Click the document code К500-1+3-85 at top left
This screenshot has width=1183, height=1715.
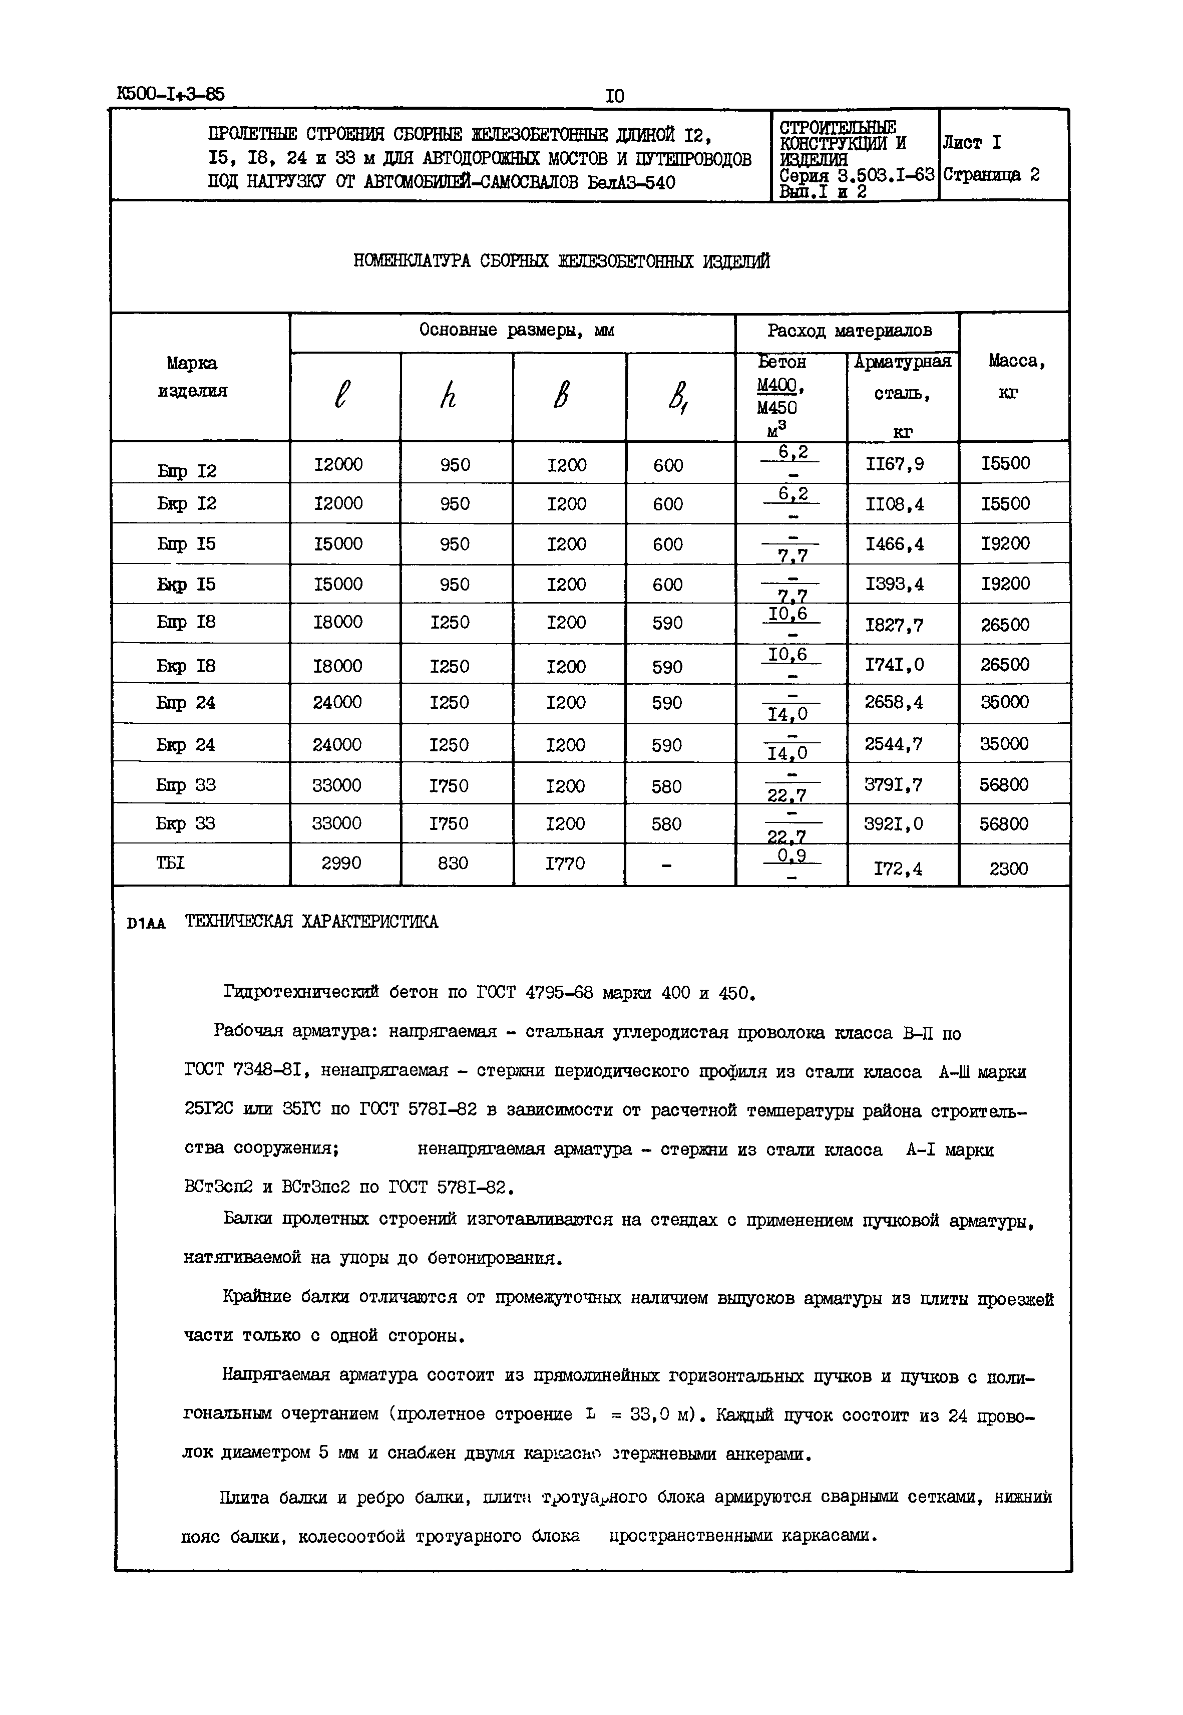(171, 94)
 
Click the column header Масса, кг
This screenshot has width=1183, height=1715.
(1016, 377)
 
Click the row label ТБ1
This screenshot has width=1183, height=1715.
(171, 863)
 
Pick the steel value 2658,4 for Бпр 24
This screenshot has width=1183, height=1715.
(894, 702)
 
